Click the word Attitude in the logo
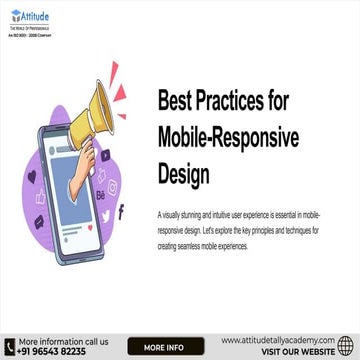coord(37,16)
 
